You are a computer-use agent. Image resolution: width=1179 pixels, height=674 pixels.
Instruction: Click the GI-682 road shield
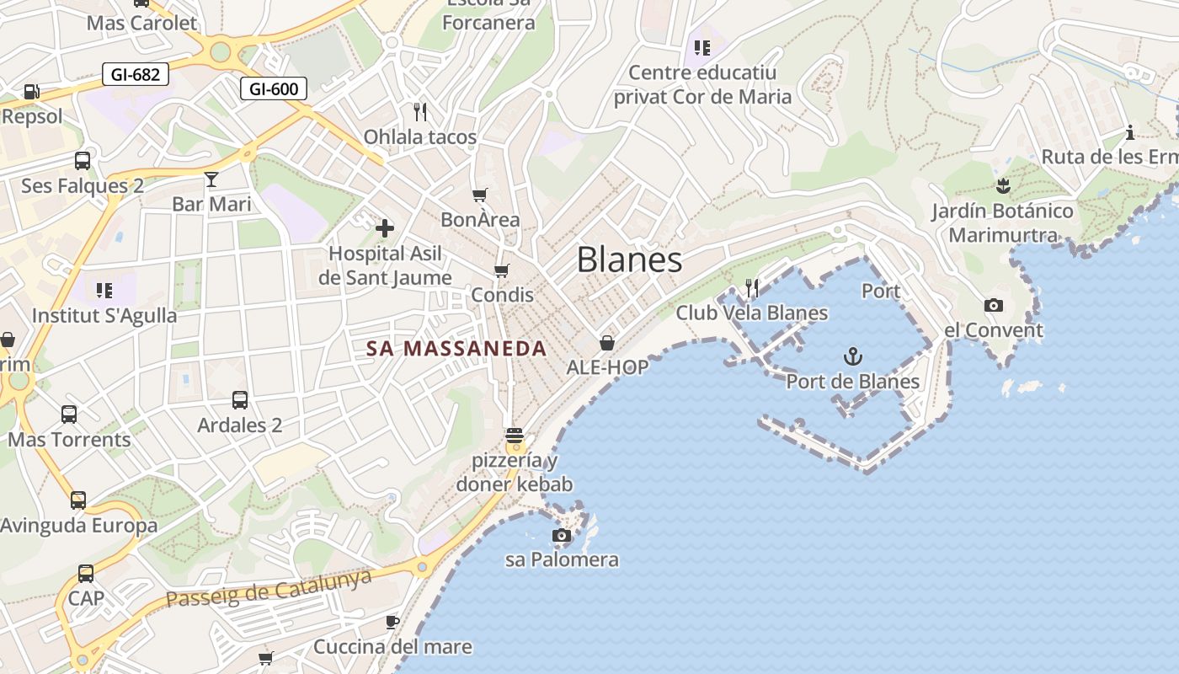[x=135, y=74]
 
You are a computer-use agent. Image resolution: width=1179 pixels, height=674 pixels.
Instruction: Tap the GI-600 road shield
[x=274, y=88]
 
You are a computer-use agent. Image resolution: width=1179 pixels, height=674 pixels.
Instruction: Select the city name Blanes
[x=629, y=259]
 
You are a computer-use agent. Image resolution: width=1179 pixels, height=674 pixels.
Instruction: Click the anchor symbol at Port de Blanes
[x=853, y=356]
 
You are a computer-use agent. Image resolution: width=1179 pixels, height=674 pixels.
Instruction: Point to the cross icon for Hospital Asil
[x=385, y=227]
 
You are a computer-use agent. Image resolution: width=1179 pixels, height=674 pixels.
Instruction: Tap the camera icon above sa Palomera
[x=561, y=535]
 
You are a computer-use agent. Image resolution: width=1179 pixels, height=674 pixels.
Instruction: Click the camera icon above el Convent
[x=994, y=305]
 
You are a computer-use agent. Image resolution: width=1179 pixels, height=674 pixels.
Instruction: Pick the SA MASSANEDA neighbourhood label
[x=456, y=348]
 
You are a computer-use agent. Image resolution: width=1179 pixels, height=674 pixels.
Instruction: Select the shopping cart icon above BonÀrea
[x=480, y=195]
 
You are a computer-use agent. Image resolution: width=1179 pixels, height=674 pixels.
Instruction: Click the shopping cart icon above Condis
[x=502, y=270]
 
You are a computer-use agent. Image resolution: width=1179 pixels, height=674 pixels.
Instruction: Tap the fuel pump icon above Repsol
[x=32, y=91]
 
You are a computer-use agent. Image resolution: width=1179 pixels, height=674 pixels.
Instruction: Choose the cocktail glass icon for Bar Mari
[x=211, y=179]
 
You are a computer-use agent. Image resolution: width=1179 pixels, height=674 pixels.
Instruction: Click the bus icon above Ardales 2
[x=240, y=400]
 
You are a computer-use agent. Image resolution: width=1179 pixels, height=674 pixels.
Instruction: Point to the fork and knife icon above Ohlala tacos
[x=420, y=111]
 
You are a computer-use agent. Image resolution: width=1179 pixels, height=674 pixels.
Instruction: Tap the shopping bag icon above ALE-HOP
[x=606, y=343]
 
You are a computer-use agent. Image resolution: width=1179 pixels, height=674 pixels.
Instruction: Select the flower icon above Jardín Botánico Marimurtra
[x=1002, y=185]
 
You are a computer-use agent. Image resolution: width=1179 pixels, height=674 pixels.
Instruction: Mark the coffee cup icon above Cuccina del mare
[x=392, y=622]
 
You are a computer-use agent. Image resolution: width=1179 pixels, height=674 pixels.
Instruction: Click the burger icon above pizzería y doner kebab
[x=515, y=436]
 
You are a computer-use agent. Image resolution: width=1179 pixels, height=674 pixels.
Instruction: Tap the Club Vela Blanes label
[x=752, y=313]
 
